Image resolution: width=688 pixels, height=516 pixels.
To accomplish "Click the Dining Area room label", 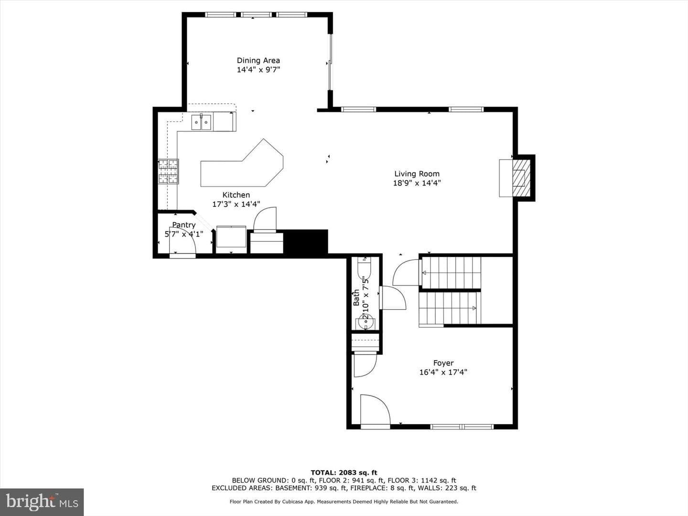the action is (258, 61).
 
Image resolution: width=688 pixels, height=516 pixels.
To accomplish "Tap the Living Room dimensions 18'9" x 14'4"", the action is (417, 183).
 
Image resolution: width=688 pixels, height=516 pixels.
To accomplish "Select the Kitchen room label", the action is (236, 195).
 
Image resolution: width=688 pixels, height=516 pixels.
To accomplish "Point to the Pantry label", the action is (183, 225).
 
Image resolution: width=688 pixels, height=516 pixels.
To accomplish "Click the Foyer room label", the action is (443, 363).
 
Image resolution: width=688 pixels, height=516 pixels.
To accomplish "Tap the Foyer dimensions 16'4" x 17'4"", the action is (443, 372).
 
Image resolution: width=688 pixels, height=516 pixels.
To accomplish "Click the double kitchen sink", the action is (201, 122).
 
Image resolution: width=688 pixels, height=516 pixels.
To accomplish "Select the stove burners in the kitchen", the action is (168, 172).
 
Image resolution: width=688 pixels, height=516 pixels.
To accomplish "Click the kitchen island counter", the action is (242, 163).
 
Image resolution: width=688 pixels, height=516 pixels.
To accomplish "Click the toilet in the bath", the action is (364, 269).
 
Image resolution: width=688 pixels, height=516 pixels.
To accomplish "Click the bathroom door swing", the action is (393, 298).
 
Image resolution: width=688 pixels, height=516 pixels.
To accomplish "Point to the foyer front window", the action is (462, 427).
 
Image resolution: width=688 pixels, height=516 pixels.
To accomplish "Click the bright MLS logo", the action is (42, 502).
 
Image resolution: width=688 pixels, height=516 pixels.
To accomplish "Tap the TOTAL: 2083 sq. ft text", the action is (344, 473).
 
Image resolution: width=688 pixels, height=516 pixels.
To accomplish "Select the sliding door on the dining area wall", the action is (330, 62).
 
